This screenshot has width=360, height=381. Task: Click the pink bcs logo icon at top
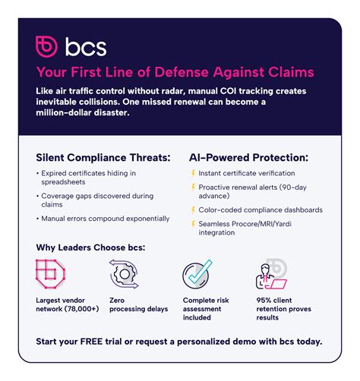coord(46,46)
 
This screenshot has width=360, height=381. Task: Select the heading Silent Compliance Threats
coord(103,158)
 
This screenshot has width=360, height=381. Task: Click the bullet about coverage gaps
coord(93,200)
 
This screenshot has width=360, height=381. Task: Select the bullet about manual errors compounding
coord(105,219)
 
